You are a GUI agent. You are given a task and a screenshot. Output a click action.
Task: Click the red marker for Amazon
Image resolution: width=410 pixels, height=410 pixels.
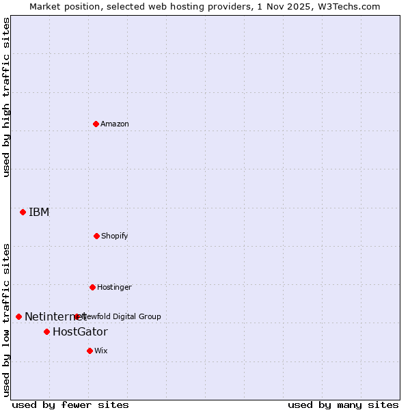click(x=96, y=124)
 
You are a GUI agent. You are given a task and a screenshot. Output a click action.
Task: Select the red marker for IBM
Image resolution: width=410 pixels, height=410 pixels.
click(x=23, y=212)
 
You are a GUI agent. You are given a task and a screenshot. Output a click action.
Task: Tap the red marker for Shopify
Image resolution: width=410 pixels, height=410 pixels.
click(x=96, y=236)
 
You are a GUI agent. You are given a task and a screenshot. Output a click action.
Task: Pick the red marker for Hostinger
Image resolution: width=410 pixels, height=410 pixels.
click(x=92, y=287)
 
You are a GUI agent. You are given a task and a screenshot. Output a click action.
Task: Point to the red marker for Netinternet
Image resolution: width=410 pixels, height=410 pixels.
click(x=18, y=316)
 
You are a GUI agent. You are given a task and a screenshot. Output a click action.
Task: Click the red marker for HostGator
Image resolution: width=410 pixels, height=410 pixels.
click(x=46, y=332)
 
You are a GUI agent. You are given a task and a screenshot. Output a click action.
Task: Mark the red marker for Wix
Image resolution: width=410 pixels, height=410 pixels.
click(x=90, y=351)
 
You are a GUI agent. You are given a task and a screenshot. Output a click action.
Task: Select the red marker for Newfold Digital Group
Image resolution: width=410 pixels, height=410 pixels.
click(x=77, y=316)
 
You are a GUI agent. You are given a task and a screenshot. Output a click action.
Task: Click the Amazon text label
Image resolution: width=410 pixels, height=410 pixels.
click(x=115, y=124)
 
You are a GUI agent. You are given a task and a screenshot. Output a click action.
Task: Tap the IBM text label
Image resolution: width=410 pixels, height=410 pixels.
click(x=39, y=212)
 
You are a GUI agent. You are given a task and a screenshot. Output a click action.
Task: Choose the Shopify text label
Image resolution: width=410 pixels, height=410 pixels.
click(x=115, y=236)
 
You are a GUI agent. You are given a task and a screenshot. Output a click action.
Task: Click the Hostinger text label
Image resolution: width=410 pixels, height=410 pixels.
click(x=114, y=287)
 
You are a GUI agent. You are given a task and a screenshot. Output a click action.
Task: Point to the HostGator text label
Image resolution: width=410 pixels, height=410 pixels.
click(x=80, y=332)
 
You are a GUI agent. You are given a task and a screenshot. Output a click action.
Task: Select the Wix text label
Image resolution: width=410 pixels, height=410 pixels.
click(x=101, y=351)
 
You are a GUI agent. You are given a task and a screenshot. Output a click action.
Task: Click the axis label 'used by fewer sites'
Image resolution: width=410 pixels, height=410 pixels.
click(x=70, y=405)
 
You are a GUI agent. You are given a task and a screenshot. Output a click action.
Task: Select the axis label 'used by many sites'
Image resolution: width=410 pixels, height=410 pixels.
click(x=343, y=405)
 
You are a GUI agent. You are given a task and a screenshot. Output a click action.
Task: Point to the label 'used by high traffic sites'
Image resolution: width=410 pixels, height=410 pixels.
click(x=6, y=97)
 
